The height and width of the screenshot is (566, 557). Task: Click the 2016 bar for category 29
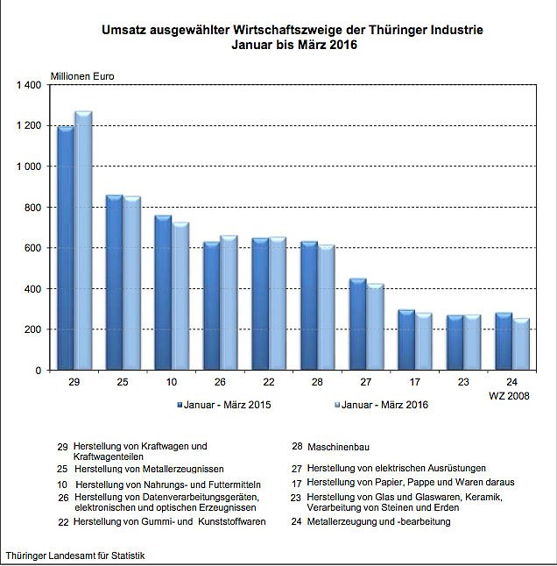pyautogui.click(x=83, y=241)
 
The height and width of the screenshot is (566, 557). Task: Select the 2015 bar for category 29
pyautogui.click(x=66, y=249)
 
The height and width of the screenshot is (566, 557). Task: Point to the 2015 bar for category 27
pyautogui.click(x=357, y=325)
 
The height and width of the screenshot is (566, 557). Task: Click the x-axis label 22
pyautogui.click(x=268, y=384)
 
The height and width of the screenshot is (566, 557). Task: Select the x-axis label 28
pyautogui.click(x=317, y=384)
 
